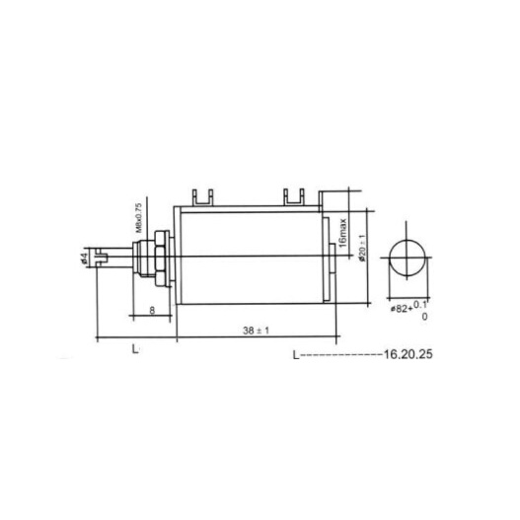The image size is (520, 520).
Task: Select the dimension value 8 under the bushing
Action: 150,310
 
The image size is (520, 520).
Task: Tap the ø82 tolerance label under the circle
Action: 403,309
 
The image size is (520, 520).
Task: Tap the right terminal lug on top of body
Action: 293,197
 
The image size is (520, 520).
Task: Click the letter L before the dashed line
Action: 295,351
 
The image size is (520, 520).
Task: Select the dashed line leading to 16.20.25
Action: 340,352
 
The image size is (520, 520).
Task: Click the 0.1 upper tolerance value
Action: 421,304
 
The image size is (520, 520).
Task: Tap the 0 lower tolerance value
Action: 424,317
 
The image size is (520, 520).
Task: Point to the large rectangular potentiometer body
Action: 252,258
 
